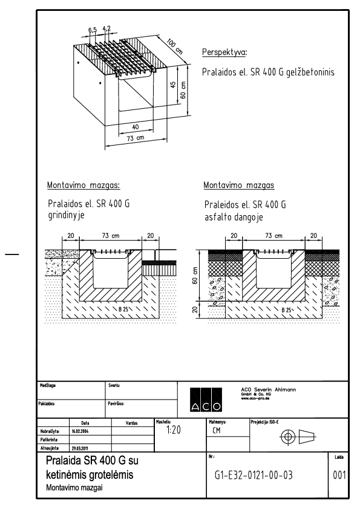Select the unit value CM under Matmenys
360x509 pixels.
pyautogui.click(x=217, y=432)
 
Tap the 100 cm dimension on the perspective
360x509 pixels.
pyautogui.click(x=175, y=46)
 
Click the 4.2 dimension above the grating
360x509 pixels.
pyautogui.click(x=106, y=28)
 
